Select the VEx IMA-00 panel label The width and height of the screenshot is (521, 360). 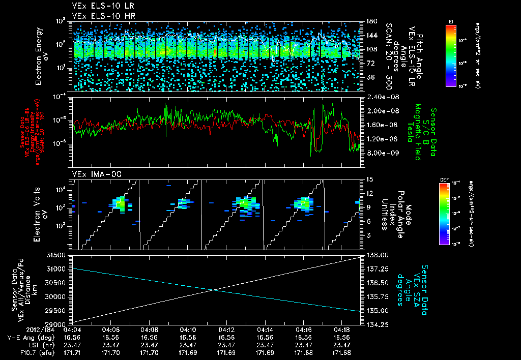pyautogui.click(x=93, y=174)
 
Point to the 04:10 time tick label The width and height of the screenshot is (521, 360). pyautogui.click(x=188, y=330)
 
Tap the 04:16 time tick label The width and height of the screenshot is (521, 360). pyautogui.click(x=304, y=330)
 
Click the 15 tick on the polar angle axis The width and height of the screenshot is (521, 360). pyautogui.click(x=370, y=179)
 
